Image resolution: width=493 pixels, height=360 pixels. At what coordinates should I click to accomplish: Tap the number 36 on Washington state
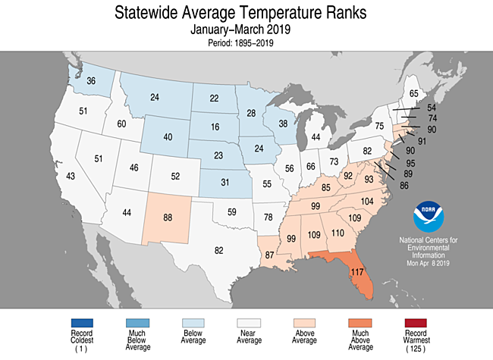(x=90, y=81)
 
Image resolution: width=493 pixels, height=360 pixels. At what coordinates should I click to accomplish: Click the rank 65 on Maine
(x=413, y=94)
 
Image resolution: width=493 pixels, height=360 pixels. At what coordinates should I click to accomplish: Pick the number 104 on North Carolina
(x=366, y=202)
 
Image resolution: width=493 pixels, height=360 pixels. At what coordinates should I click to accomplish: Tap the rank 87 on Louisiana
(x=268, y=256)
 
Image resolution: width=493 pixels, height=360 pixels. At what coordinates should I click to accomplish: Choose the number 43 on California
(x=71, y=176)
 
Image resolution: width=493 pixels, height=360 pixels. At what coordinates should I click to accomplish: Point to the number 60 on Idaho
(x=121, y=124)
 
